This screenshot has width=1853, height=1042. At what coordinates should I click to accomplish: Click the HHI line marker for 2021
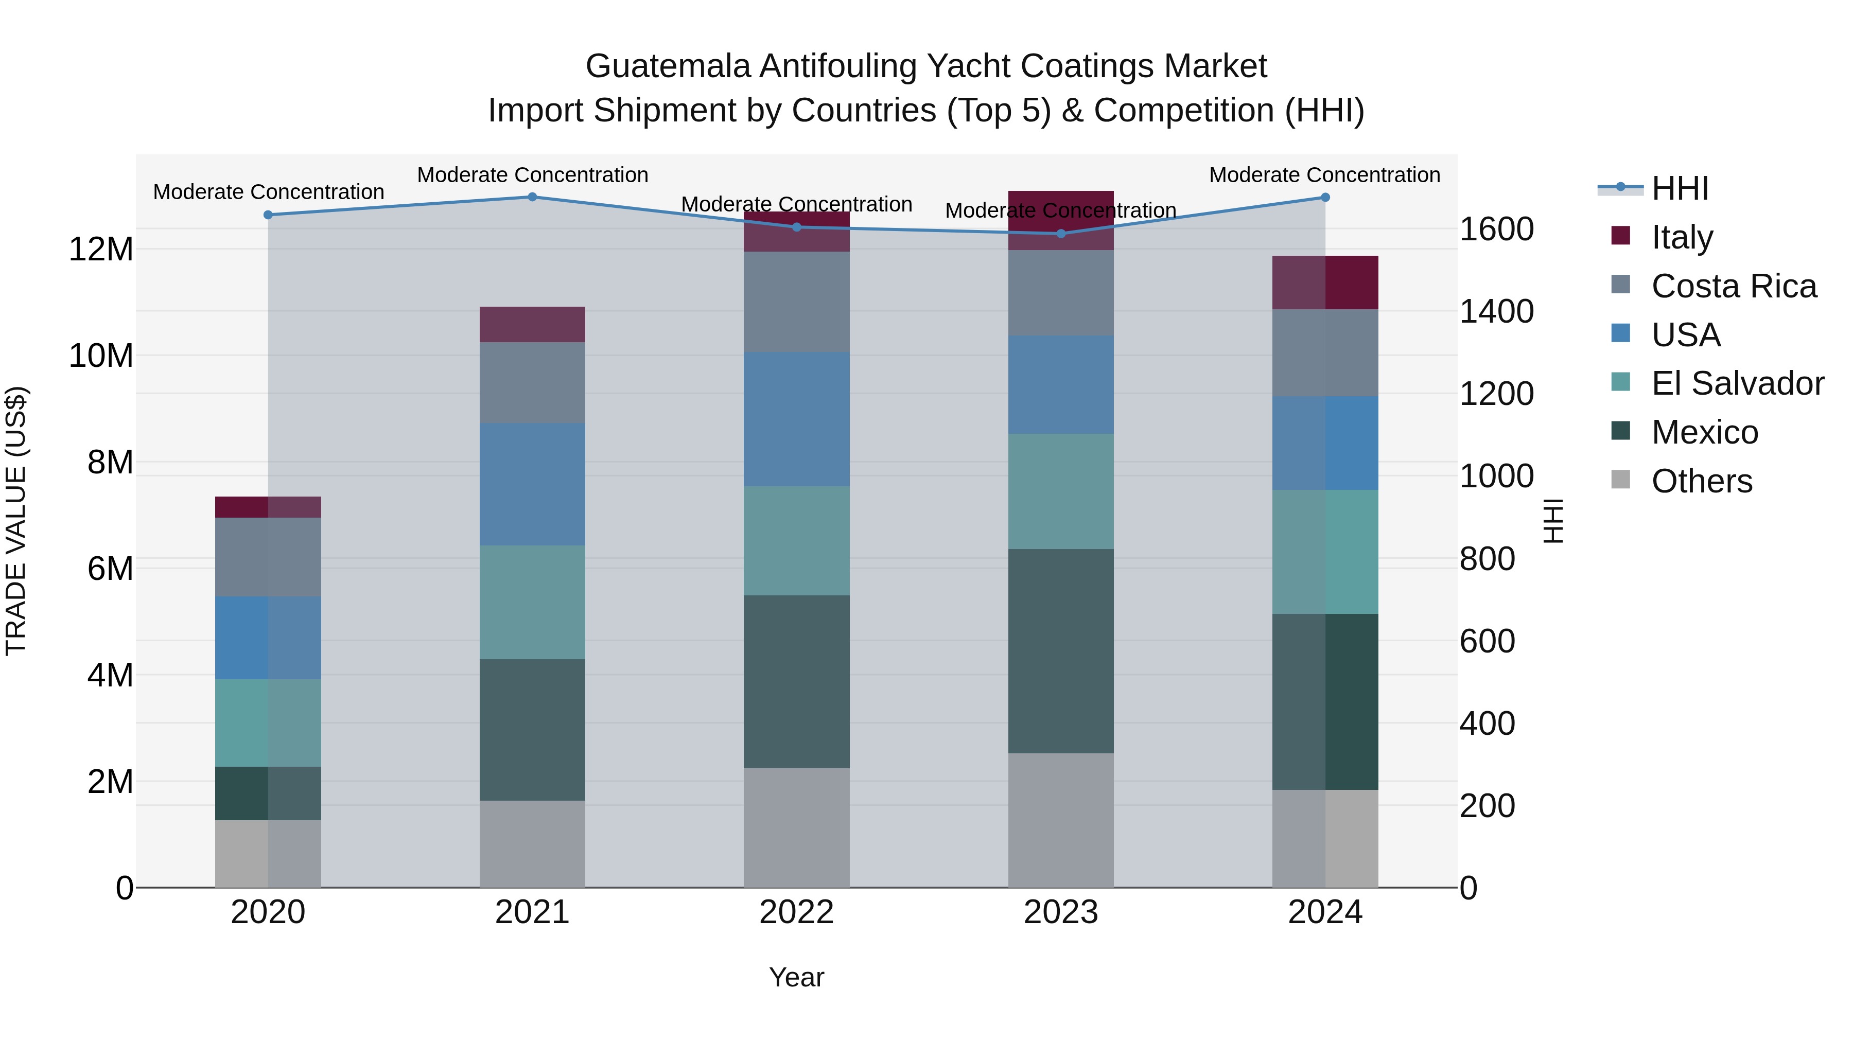click(x=532, y=197)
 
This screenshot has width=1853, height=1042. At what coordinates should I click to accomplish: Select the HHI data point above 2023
click(x=1061, y=234)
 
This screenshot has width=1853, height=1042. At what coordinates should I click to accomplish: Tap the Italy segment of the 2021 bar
click(x=532, y=324)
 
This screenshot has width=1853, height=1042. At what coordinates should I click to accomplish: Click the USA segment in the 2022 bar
click(x=796, y=419)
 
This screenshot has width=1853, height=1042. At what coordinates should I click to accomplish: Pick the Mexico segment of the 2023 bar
click(x=1061, y=651)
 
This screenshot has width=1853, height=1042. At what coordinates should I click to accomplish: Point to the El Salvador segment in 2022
click(x=796, y=541)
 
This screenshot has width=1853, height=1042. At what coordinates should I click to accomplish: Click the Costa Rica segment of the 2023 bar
click(x=1061, y=293)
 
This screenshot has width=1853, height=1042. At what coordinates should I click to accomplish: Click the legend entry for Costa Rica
click(x=1734, y=286)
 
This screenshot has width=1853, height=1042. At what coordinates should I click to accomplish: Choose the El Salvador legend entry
click(x=1737, y=383)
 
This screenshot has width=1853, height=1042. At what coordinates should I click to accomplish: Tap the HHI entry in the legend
click(x=1680, y=188)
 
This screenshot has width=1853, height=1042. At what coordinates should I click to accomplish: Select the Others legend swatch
click(x=1621, y=480)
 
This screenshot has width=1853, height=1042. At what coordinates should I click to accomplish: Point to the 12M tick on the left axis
click(x=101, y=250)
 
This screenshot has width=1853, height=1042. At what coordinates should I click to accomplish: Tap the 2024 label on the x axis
click(x=1325, y=912)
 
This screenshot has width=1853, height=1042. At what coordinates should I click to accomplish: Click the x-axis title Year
click(x=796, y=977)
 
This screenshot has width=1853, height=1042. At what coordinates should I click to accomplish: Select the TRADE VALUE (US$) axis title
click(x=16, y=521)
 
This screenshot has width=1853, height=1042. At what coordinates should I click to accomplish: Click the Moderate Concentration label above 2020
click(x=268, y=192)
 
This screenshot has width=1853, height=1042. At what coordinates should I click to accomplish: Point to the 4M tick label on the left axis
click(x=110, y=675)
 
